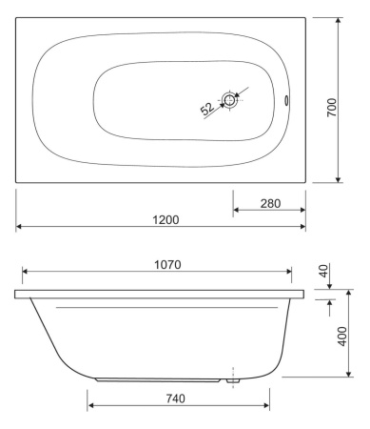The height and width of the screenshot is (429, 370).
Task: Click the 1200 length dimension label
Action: click(x=165, y=219)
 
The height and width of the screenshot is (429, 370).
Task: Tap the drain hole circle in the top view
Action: click(x=230, y=99)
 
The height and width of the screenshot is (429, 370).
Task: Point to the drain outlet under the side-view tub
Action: click(x=231, y=379)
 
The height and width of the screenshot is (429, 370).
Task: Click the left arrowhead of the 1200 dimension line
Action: click(x=20, y=227)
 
